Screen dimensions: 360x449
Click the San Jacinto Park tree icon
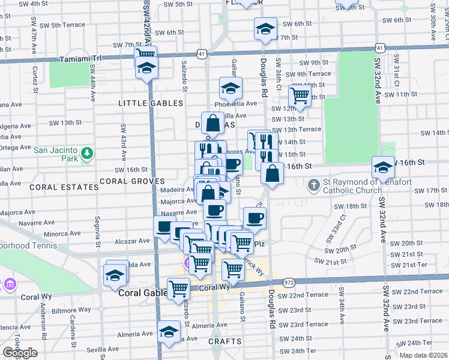pos(88,154)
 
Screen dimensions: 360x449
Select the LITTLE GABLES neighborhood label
pos(151,103)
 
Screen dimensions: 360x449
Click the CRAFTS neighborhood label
pos(224,341)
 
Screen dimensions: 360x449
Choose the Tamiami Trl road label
pos(81,59)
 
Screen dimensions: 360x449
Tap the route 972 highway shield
pos(289,282)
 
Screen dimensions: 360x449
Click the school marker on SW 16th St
pos(382,166)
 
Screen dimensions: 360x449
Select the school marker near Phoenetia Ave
pos(231,89)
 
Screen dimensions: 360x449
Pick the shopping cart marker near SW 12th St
pos(299,95)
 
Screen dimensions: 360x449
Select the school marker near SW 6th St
pos(265,28)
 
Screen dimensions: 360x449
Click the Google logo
pos(20,352)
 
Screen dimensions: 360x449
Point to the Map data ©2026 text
pos(424,355)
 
